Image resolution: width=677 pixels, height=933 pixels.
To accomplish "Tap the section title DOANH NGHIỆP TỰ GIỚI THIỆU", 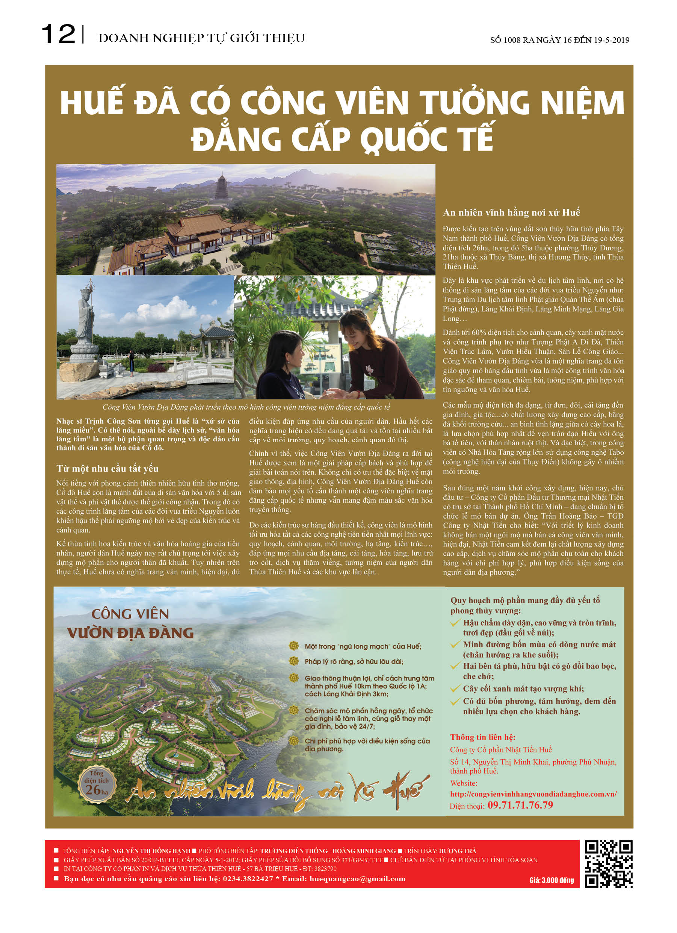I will pyautogui.click(x=201, y=38).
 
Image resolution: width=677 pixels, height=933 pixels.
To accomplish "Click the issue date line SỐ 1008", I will pyautogui.click(x=559, y=40).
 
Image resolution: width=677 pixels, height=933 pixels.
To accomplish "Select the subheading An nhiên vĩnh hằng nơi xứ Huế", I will pyautogui.click(x=511, y=213).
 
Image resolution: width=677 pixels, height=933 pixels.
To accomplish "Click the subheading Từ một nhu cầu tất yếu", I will pyautogui.click(x=107, y=469).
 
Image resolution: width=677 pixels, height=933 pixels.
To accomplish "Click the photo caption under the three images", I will pyautogui.click(x=246, y=407).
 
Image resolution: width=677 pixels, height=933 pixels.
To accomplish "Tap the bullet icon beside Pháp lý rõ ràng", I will pyautogui.click(x=293, y=661).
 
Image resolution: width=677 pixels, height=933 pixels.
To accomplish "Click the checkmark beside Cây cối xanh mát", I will pyautogui.click(x=455, y=689).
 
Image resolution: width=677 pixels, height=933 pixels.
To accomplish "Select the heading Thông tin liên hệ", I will pyautogui.click(x=482, y=737).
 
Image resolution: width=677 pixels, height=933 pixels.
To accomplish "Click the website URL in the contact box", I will pyautogui.click(x=533, y=794).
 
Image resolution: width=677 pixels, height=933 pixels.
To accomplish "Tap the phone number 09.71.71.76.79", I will pyautogui.click(x=520, y=805).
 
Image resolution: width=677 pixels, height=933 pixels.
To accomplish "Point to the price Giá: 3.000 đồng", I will pyautogui.click(x=551, y=880).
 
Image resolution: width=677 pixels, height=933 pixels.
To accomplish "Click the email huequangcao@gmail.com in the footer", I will pyautogui.click(x=357, y=879).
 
